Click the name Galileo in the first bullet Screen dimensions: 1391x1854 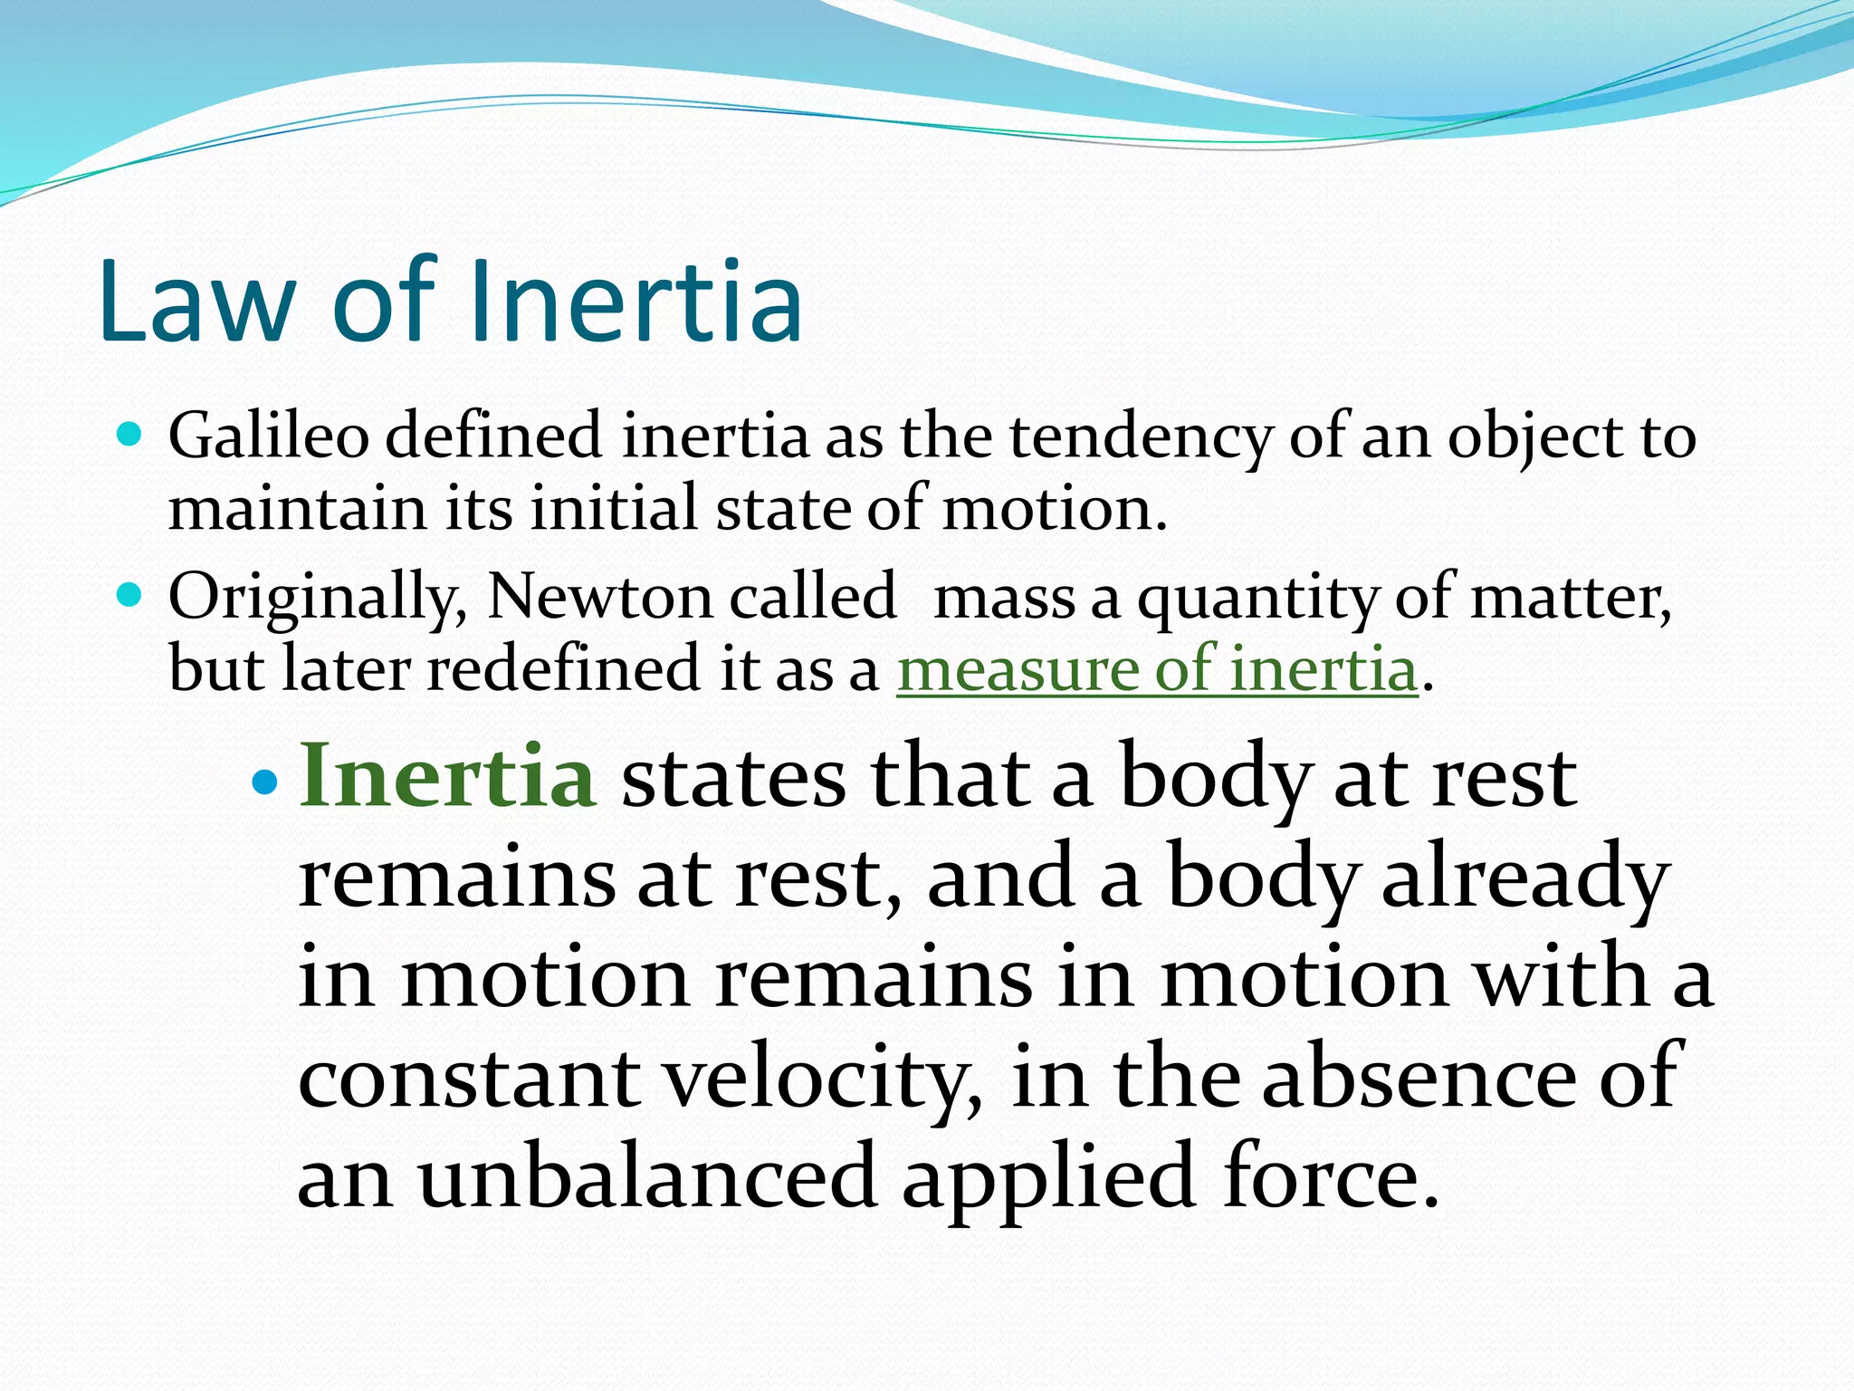point(269,436)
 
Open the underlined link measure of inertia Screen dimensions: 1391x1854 point(1156,669)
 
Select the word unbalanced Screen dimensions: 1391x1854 point(647,1177)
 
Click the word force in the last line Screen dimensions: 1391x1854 point(1330,1177)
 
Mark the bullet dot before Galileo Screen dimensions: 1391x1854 point(130,436)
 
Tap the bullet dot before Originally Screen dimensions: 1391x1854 point(130,596)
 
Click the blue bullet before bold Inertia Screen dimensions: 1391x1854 point(264,781)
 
